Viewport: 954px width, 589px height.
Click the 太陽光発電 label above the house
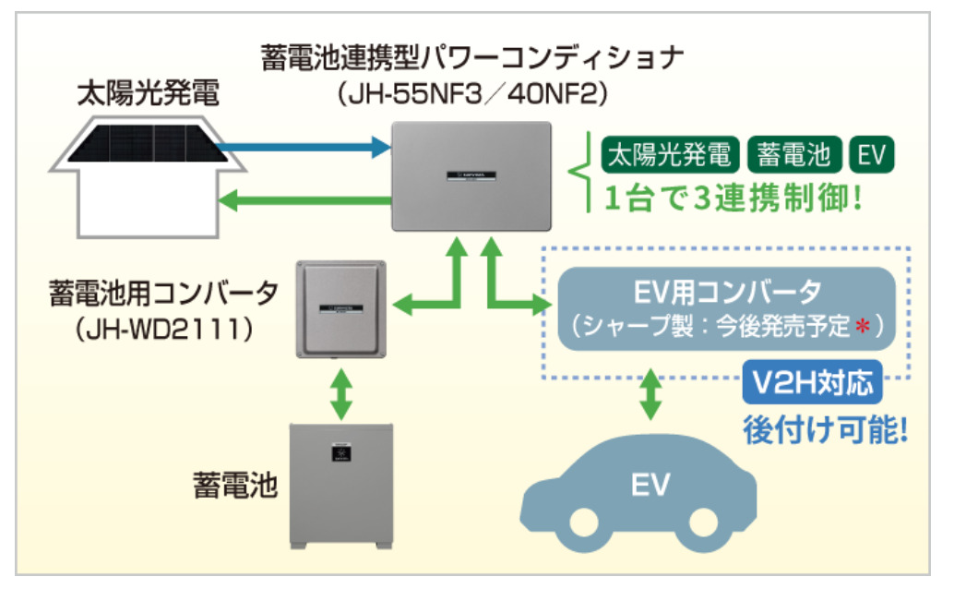(148, 94)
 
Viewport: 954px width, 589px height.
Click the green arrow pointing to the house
(304, 198)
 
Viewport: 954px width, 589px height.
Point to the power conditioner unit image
(471, 175)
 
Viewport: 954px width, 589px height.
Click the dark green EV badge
(870, 154)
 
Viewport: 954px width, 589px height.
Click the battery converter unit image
(340, 308)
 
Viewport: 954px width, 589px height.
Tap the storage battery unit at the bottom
(340, 486)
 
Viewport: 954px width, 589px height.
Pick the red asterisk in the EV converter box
(865, 325)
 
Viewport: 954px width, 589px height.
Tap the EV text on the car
(650, 484)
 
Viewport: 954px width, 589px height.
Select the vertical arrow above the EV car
(650, 392)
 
